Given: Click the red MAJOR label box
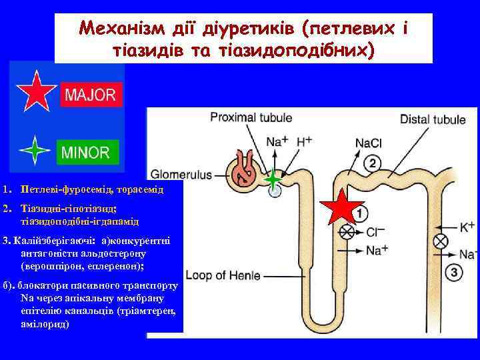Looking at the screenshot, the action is click(x=89, y=95).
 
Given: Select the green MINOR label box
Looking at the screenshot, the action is click(x=87, y=152).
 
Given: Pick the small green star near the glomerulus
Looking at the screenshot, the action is click(x=273, y=179).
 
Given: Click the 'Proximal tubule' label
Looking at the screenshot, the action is click(x=251, y=119).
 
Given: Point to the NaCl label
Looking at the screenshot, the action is click(x=368, y=142).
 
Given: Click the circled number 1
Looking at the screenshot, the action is click(x=359, y=214).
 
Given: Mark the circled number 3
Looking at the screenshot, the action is click(x=454, y=272).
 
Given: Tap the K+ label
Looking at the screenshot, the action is click(x=467, y=227).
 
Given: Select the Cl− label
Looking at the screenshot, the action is click(x=376, y=233).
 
